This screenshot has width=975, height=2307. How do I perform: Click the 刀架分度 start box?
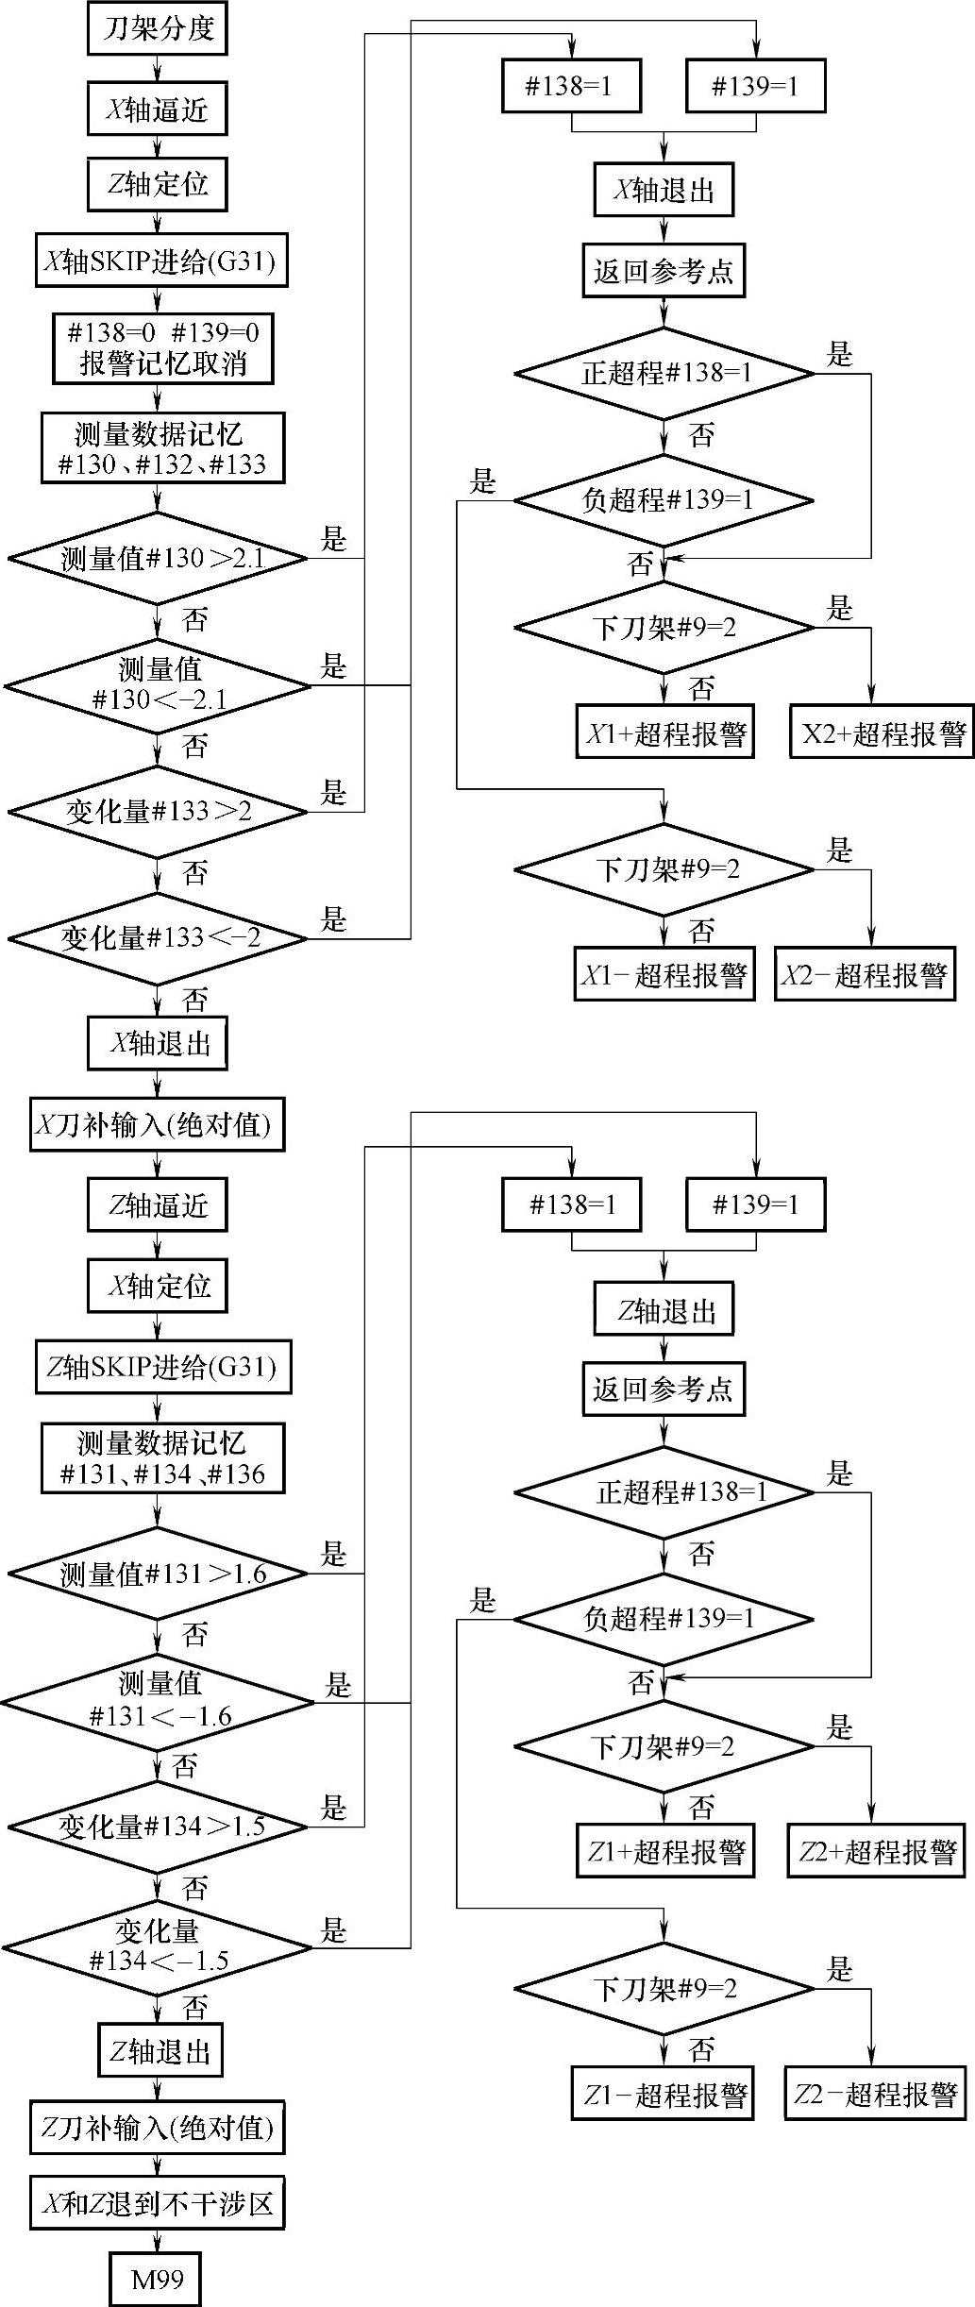158,28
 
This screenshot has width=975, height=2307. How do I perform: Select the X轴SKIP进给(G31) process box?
161,261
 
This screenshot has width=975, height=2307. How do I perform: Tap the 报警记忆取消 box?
162,349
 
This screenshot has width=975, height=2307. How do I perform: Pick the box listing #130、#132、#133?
162,448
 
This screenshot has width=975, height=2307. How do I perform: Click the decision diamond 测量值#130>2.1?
159,559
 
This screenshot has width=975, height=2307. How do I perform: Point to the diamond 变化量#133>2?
159,812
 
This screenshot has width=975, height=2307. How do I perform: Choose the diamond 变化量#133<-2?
159,938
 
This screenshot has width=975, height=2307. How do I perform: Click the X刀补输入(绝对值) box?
157,1124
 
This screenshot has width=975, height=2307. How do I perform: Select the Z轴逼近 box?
158,1205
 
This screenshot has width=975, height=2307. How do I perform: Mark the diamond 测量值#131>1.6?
159,1574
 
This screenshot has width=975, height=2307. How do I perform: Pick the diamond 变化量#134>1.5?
159,1827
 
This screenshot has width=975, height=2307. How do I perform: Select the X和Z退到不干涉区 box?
157,2204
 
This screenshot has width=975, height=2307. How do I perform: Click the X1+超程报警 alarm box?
665,732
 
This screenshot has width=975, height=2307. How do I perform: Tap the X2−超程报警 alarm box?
865,974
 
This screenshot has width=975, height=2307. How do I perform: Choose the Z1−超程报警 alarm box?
663,2094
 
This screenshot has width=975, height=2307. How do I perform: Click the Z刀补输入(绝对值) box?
157,2128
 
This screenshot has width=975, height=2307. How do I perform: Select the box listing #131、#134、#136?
162,1458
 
